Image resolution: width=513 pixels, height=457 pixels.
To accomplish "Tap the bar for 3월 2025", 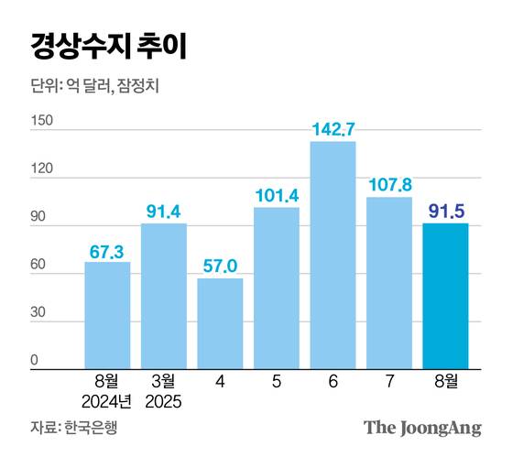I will [x=164, y=296].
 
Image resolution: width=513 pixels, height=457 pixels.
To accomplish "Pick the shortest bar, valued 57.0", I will [x=220, y=322].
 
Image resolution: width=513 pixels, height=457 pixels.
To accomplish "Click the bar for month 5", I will [x=277, y=288].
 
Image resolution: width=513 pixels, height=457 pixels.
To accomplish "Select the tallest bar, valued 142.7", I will [x=333, y=255].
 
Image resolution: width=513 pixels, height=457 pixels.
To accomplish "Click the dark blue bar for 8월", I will [x=445, y=295].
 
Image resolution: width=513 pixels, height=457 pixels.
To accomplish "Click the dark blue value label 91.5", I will [x=445, y=212].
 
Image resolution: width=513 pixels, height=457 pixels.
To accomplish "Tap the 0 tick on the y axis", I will [x=34, y=361].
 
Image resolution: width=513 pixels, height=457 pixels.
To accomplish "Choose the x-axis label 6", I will [x=333, y=379].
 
